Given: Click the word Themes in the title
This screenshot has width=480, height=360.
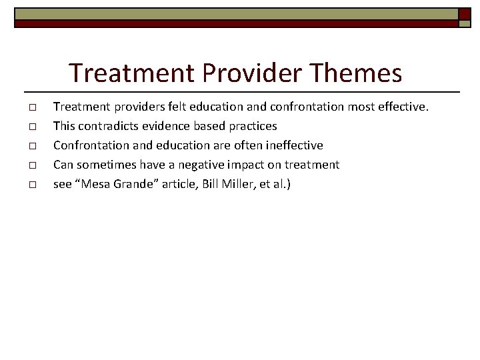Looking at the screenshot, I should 357,73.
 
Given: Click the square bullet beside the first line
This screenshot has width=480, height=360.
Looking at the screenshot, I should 32,107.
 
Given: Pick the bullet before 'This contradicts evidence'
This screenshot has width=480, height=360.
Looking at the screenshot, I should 32,127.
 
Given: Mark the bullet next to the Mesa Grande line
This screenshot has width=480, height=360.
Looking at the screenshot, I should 32,184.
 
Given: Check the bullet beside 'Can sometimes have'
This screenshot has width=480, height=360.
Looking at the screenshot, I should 32,165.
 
